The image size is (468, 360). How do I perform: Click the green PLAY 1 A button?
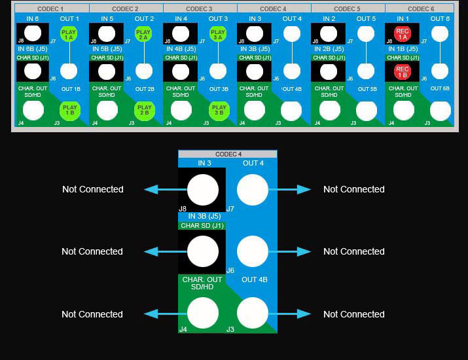click(x=68, y=34)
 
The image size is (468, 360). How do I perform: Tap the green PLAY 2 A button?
click(x=143, y=34)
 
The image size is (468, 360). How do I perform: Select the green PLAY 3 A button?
click(x=217, y=34)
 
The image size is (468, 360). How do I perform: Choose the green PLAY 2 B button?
click(x=144, y=110)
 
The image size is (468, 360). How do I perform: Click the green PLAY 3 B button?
click(x=218, y=110)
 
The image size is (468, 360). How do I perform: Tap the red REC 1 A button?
click(x=402, y=34)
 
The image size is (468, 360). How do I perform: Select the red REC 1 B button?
click(x=402, y=71)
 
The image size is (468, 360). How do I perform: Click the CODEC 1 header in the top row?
click(x=51, y=9)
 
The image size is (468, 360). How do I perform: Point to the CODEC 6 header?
click(x=420, y=9)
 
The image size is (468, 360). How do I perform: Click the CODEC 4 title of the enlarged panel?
click(x=228, y=154)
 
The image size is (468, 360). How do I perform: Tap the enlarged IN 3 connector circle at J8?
click(x=203, y=190)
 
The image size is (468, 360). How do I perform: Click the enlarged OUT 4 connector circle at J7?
click(x=253, y=190)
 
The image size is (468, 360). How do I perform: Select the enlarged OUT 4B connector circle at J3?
click(x=253, y=314)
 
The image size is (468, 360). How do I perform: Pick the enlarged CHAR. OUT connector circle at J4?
click(x=203, y=314)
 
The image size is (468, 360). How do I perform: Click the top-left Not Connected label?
click(x=93, y=189)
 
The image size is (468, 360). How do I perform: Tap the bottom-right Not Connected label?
click(x=353, y=314)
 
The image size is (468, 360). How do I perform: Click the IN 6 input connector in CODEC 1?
click(x=33, y=33)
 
